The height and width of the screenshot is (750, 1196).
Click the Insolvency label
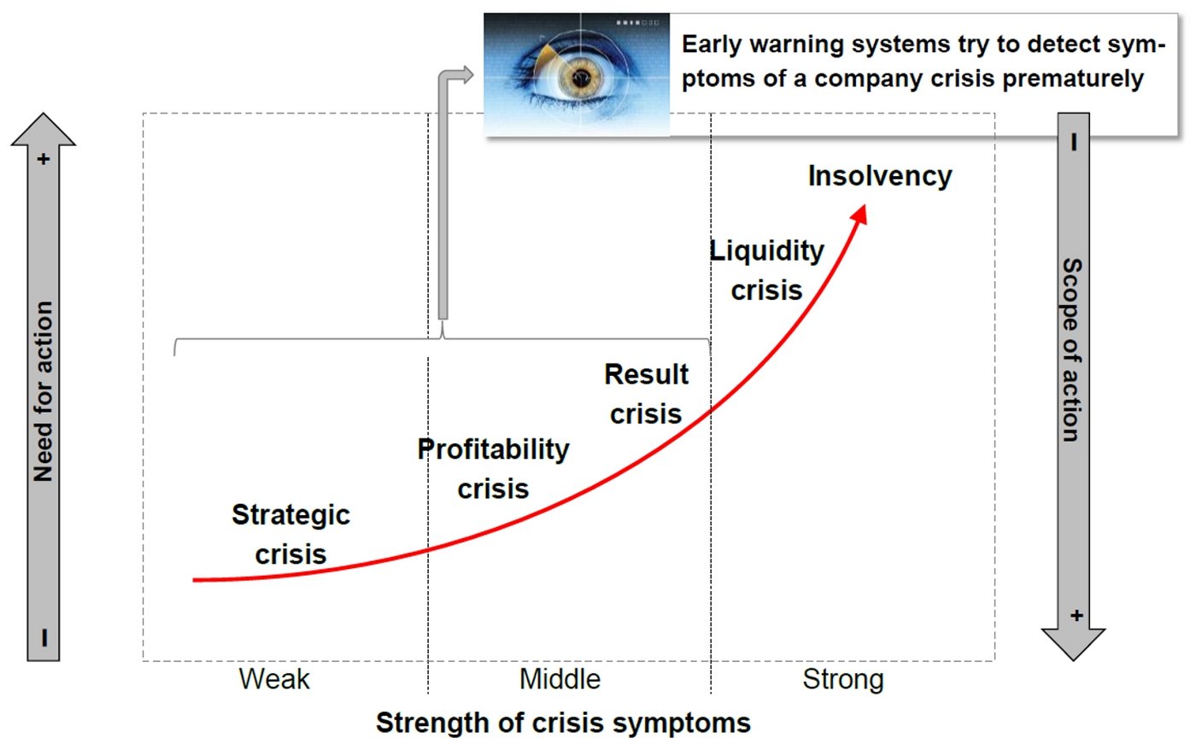tap(880, 177)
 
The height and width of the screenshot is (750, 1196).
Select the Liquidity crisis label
tap(767, 271)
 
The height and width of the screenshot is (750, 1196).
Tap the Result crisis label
tap(646, 394)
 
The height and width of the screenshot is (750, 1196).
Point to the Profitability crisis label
tap(494, 469)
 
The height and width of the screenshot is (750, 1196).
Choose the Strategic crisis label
tap(291, 535)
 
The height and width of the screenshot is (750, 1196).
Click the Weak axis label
tap(274, 679)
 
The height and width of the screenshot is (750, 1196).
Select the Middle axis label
tap(560, 679)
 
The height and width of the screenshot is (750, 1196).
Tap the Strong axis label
tap(844, 680)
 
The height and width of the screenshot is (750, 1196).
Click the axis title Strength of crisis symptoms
tap(563, 724)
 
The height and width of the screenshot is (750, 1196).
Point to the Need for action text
tap(44, 391)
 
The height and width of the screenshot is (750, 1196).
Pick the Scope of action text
tap(1072, 350)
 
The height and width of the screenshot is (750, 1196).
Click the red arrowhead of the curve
tap(859, 214)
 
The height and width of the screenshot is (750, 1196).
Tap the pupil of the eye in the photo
tap(580, 79)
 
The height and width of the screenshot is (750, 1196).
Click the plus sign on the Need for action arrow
tap(44, 159)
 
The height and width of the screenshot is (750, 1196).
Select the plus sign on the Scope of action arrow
tap(1077, 616)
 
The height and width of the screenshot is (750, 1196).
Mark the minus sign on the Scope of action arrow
tap(1075, 142)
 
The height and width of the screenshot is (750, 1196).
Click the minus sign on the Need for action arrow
tap(44, 637)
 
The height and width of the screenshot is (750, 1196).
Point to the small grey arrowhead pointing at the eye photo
tap(466, 75)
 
